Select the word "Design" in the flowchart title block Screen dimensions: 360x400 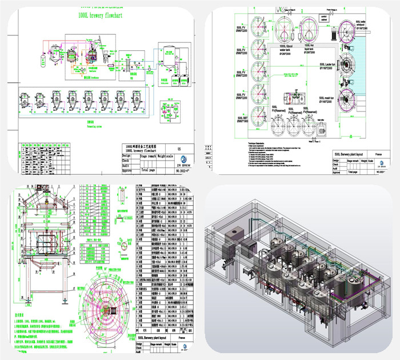pos(126,155)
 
